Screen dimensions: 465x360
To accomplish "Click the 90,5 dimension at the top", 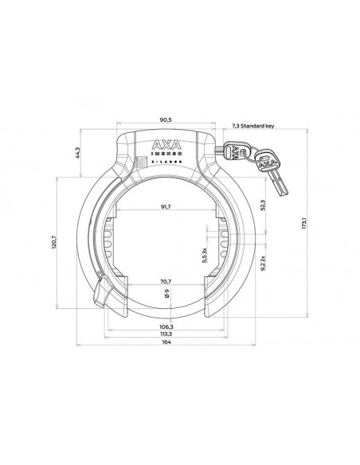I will (166, 120).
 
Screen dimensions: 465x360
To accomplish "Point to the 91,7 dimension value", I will (166, 208).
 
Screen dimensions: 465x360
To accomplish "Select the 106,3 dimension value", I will (166, 326).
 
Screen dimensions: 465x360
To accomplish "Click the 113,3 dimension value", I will (166, 334).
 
